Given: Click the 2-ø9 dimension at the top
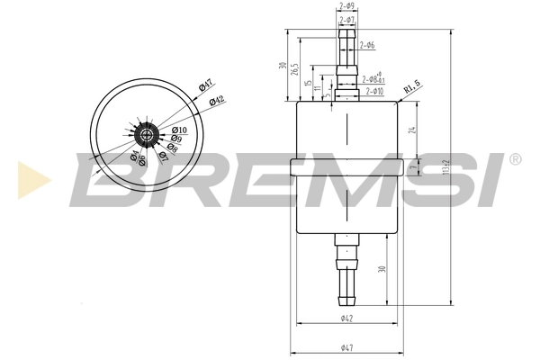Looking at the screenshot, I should (x=346, y=7).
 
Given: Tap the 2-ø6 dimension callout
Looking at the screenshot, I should (x=366, y=45).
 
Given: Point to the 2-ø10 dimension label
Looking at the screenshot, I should (x=373, y=91).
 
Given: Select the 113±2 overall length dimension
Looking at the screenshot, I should (x=447, y=166).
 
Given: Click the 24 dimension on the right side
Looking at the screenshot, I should (x=413, y=129).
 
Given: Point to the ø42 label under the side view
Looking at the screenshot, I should (x=346, y=319).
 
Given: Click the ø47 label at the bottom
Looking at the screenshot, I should (x=346, y=347).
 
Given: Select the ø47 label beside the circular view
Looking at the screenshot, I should (x=204, y=86).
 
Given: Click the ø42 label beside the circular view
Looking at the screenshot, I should (x=217, y=101).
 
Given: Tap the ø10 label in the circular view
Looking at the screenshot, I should (x=179, y=130).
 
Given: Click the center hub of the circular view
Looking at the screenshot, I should (x=147, y=136).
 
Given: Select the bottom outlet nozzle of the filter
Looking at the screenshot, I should (x=346, y=270).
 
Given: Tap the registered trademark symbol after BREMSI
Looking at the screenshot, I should (x=514, y=159).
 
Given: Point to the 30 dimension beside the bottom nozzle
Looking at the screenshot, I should (x=382, y=269).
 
